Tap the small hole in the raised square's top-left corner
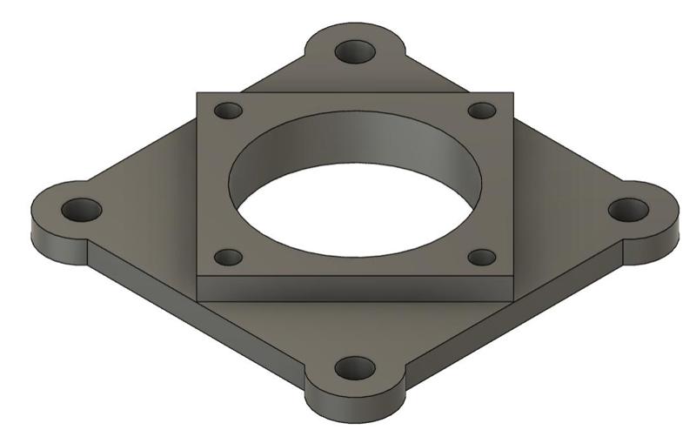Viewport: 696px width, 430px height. click(x=228, y=111)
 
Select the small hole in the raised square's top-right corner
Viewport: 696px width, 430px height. click(x=481, y=111)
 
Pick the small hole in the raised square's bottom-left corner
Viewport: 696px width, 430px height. click(x=228, y=258)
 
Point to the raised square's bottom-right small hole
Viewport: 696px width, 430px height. click(x=481, y=257)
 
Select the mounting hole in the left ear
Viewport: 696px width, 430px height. click(x=82, y=210)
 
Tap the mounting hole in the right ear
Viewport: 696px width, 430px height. click(x=627, y=210)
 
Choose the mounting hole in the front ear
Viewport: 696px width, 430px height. click(x=354, y=368)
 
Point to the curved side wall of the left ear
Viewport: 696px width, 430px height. click(x=52, y=238)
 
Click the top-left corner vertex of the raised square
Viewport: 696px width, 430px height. click(x=197, y=92)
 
